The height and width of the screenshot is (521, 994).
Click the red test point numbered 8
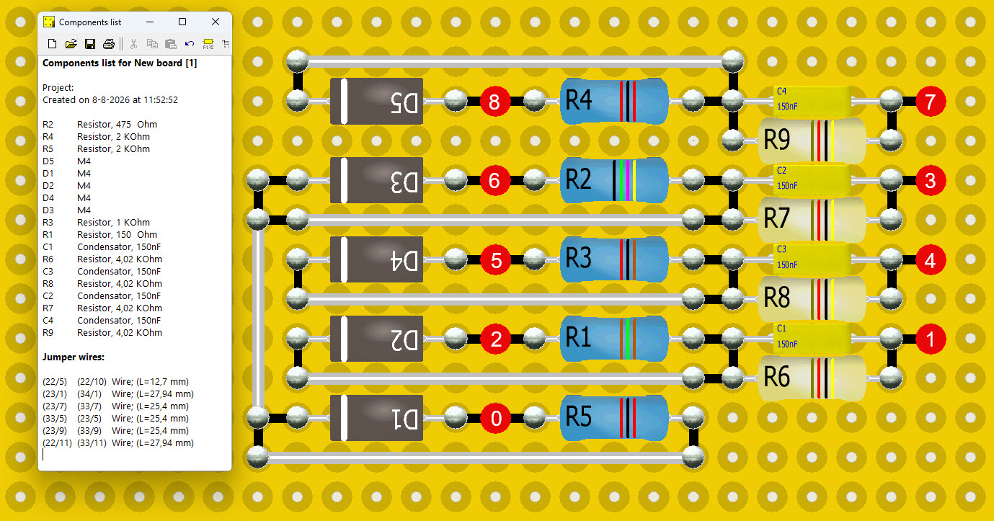[x=494, y=102]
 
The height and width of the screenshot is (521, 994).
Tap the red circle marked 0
[x=495, y=419]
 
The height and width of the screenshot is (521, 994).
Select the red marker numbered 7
[x=931, y=102]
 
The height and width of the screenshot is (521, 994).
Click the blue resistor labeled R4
[x=614, y=101]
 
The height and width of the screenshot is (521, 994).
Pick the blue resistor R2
[x=614, y=180]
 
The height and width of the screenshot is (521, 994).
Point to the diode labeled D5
[x=377, y=101]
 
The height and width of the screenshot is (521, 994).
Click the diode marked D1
[x=377, y=418]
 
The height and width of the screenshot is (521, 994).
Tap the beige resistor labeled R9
[x=812, y=141]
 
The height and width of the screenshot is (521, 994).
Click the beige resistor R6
[x=812, y=378]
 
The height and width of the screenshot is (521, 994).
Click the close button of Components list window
[x=216, y=22]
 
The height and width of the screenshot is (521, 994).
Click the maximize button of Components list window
[x=182, y=22]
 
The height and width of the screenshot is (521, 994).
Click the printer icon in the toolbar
[x=109, y=44]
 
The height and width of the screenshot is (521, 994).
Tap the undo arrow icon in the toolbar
[x=190, y=44]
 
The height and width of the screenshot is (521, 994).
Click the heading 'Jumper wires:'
[x=74, y=357]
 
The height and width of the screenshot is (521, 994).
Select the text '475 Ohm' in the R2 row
[x=136, y=124]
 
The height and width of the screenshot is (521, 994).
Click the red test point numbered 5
[x=495, y=260]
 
